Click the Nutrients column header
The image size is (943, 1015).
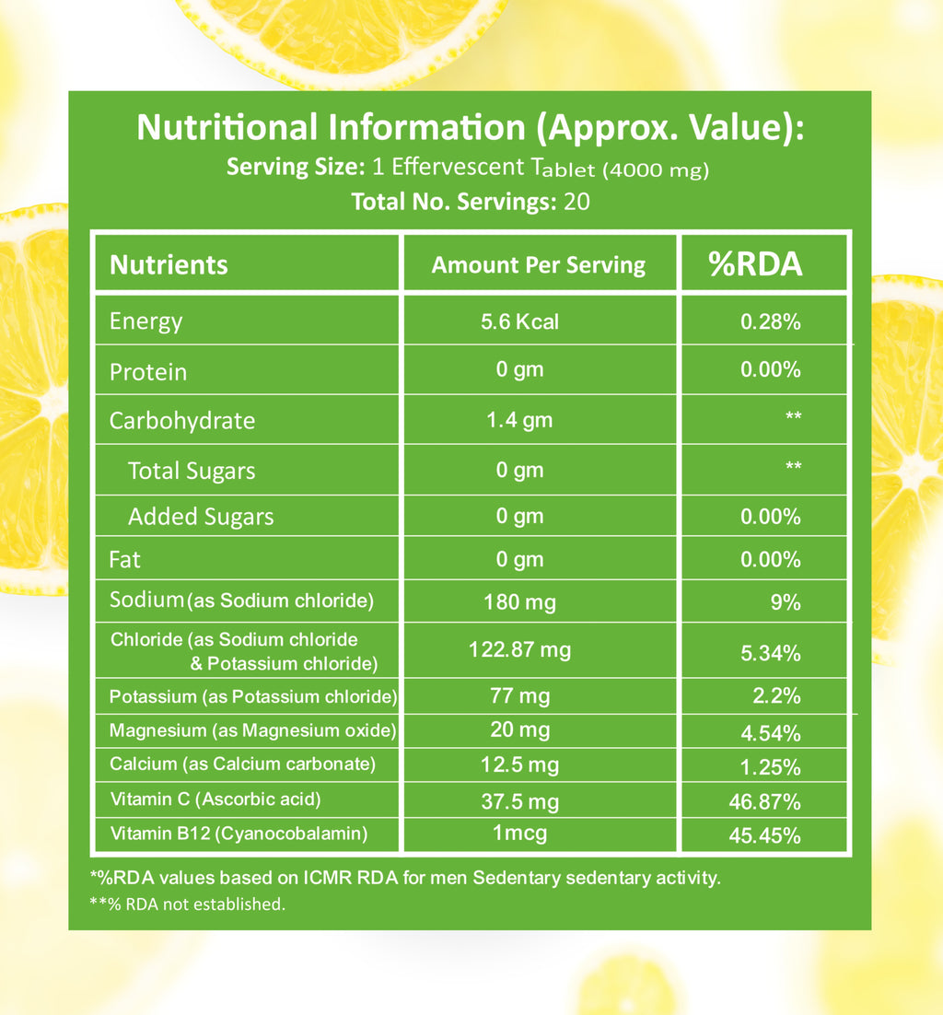point(169,265)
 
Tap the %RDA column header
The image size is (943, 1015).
point(755,265)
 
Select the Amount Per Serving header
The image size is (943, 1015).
point(539,265)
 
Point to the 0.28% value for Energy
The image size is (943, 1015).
point(770,322)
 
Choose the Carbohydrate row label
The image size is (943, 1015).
point(181,421)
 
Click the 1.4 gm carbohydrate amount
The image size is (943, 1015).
point(519,421)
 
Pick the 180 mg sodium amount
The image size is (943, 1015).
point(519,603)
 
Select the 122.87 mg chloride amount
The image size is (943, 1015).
point(520,650)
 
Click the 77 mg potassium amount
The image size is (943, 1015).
point(520,695)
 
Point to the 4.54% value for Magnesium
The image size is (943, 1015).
point(771,734)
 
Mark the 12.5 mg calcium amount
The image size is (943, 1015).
point(520,764)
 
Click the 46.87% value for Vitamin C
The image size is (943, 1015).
point(764,801)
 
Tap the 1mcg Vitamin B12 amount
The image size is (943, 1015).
point(520,834)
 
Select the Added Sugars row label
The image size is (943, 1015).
point(201,517)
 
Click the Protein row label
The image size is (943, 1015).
point(148,372)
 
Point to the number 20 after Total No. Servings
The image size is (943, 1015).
point(576,201)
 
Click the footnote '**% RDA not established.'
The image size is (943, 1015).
point(188,904)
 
